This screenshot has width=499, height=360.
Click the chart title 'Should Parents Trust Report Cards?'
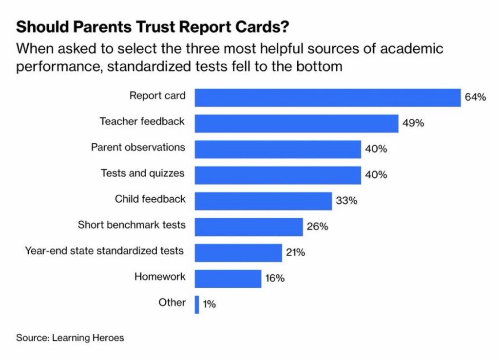pyautogui.click(x=151, y=27)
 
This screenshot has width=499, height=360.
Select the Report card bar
pyautogui.click(x=327, y=97)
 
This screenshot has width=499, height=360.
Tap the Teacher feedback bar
pyautogui.click(x=296, y=123)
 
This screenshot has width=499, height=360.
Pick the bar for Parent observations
pyautogui.click(x=278, y=149)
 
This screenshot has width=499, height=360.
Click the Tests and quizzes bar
pyautogui.click(x=278, y=175)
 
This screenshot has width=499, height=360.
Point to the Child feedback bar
pyautogui.click(x=263, y=201)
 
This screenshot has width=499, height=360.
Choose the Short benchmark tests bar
pyautogui.click(x=249, y=227)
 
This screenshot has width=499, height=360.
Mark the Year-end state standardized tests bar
pyautogui.click(x=238, y=252)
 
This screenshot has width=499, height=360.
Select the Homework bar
pyautogui.click(x=228, y=278)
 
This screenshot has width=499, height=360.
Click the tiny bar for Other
pyautogui.click(x=197, y=304)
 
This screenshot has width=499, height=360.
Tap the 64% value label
pyautogui.click(x=475, y=97)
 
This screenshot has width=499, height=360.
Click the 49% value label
pyautogui.click(x=413, y=123)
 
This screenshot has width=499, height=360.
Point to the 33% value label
pyautogui.click(x=346, y=201)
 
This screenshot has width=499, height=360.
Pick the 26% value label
pyautogui.click(x=317, y=227)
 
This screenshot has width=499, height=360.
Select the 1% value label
pyautogui.click(x=209, y=304)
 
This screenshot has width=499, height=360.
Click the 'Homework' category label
pyautogui.click(x=160, y=277)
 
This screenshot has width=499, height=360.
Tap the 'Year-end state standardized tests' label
pyautogui.click(x=104, y=251)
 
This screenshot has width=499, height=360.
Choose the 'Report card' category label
pyautogui.click(x=157, y=95)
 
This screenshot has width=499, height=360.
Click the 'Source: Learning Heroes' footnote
pyautogui.click(x=70, y=337)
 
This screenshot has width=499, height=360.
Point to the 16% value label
pyautogui.click(x=275, y=279)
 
